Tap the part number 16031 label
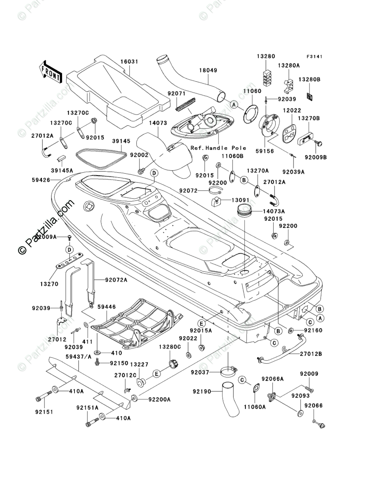click(x=129, y=62)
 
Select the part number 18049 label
click(x=209, y=70)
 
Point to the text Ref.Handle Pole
click(x=218, y=148)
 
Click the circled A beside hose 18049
click(x=234, y=105)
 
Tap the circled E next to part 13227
click(x=156, y=374)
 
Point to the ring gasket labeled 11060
click(x=249, y=114)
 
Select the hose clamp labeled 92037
click(x=228, y=372)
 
